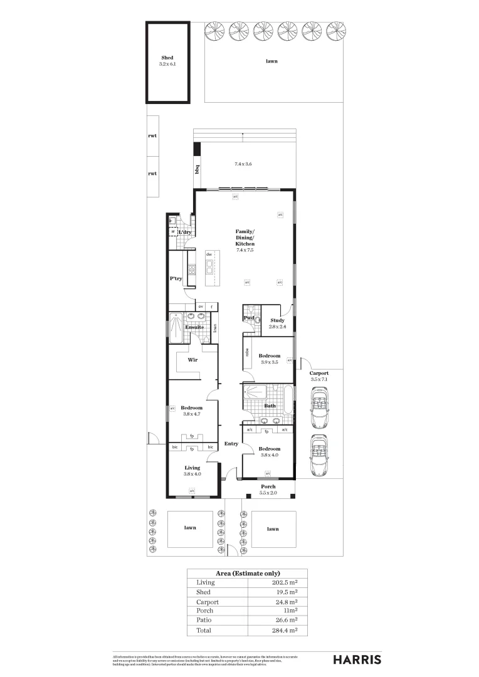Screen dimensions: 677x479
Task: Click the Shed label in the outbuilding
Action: point(167,58)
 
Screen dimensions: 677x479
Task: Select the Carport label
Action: point(319,373)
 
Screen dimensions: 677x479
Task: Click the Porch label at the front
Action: point(268,486)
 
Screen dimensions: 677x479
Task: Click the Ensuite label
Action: point(194,327)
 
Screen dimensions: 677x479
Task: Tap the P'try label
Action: point(176,278)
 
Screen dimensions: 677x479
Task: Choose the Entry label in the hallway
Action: point(231,444)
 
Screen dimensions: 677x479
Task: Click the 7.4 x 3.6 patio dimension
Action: point(243,164)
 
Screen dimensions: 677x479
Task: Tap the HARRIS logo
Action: point(356,659)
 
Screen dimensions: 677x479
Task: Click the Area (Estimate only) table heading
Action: point(248,573)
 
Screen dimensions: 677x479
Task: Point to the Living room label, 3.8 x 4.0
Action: point(192,468)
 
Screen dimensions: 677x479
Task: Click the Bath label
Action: point(270,406)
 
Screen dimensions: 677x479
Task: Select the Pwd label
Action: point(248,318)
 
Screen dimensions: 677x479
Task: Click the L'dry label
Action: point(184,233)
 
